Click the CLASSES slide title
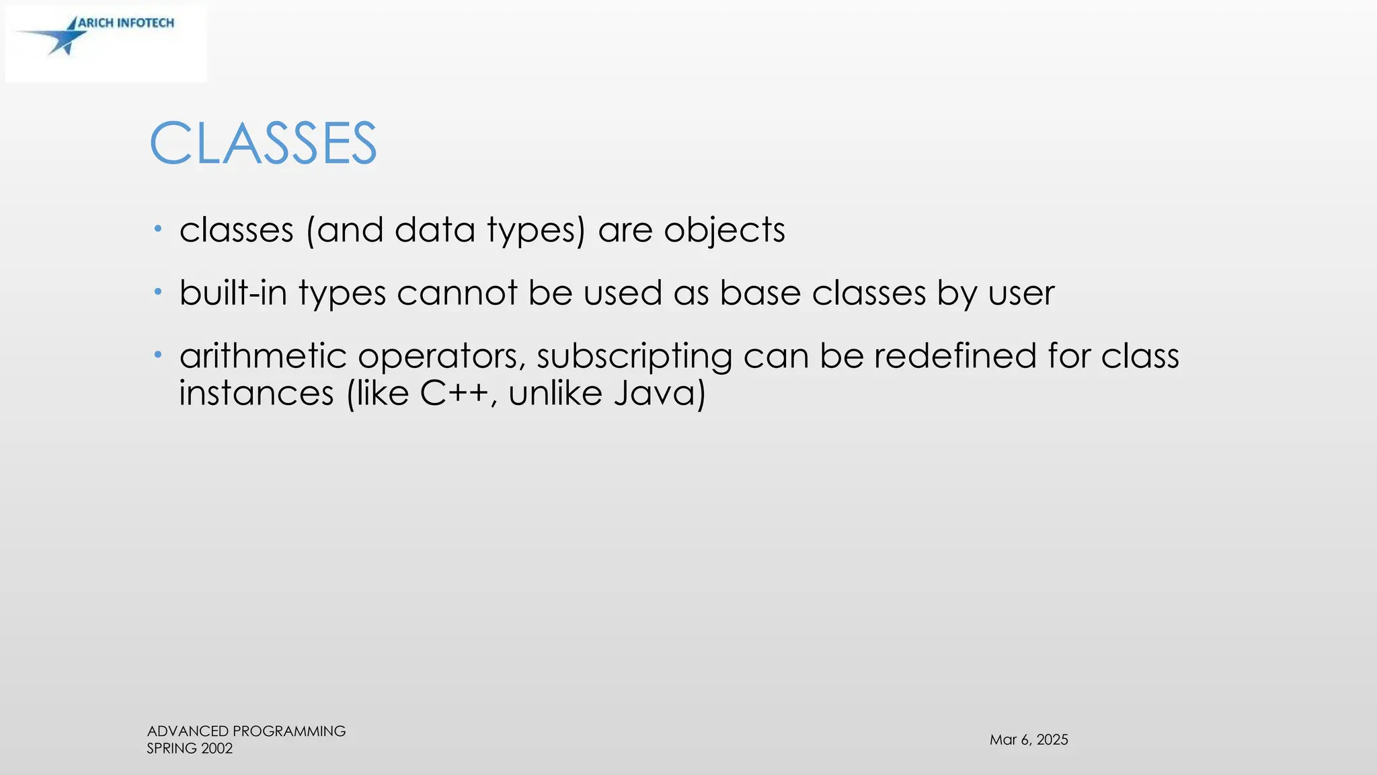tap(263, 143)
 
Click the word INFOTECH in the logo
tap(145, 23)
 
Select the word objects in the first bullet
tap(724, 231)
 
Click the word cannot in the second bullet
tap(457, 293)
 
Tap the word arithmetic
tap(263, 356)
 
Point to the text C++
tap(454, 393)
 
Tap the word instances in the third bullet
tap(256, 393)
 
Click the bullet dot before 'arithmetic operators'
tap(158, 355)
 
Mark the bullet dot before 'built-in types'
tap(158, 292)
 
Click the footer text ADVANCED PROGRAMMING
tap(246, 731)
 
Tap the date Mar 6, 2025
tap(1029, 740)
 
